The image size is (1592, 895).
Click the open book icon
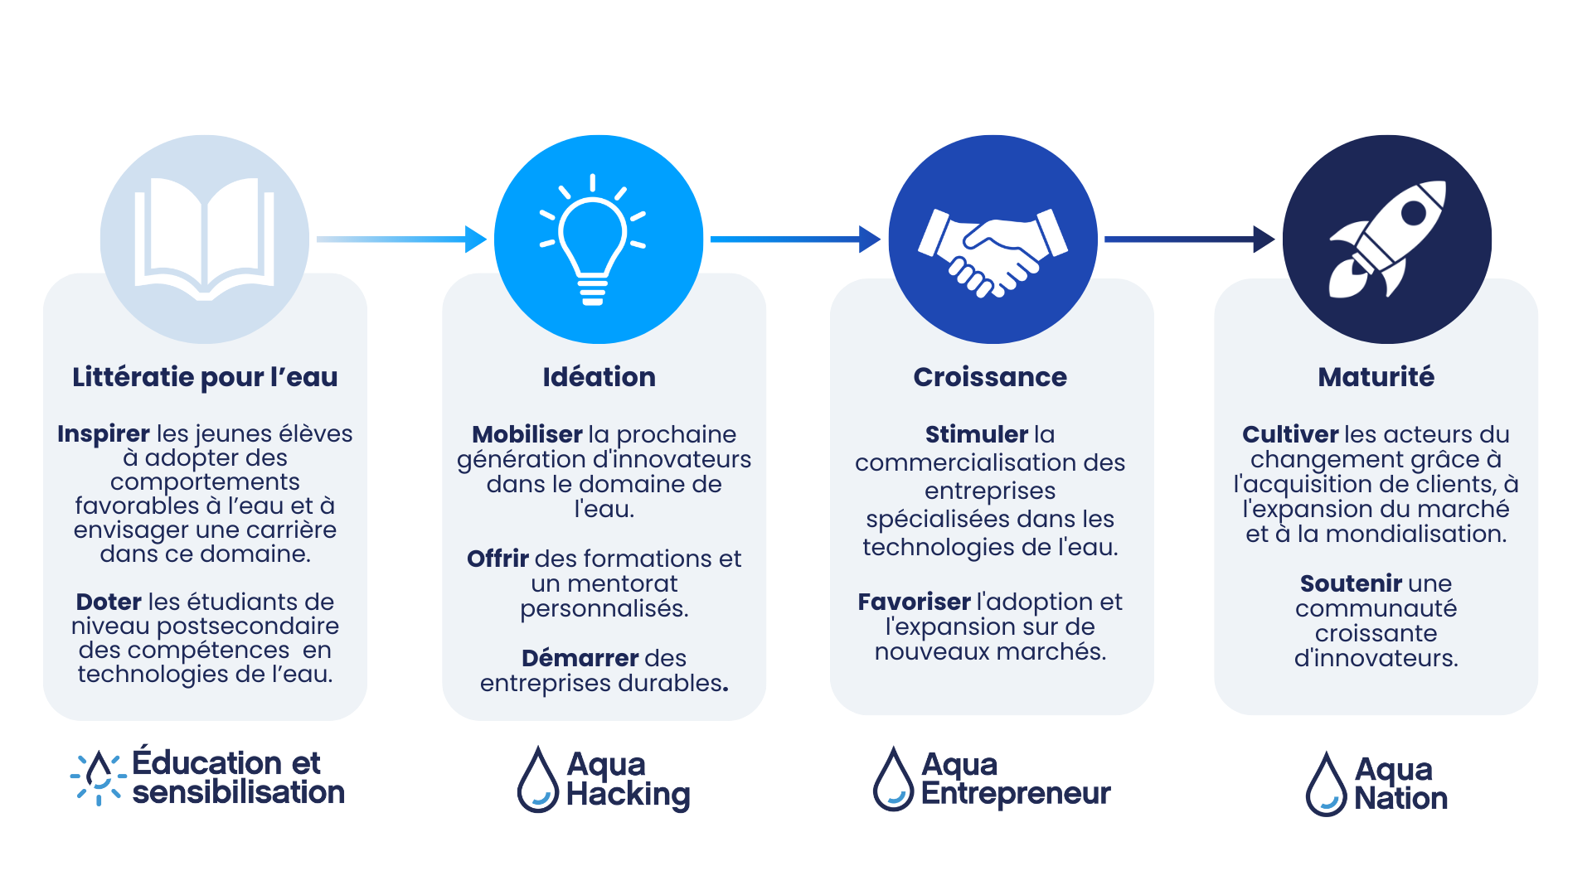[204, 238]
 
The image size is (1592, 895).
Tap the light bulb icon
[592, 239]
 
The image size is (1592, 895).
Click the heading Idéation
[599, 377]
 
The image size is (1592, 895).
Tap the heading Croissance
[990, 377]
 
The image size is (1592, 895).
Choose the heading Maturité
[1376, 377]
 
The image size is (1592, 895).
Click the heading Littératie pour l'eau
[205, 377]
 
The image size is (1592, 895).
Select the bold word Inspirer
[104, 433]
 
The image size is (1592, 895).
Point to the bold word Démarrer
[580, 658]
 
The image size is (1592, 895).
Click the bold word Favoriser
[914, 602]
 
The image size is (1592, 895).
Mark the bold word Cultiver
[1290, 434]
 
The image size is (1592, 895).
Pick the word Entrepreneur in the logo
[1016, 794]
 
